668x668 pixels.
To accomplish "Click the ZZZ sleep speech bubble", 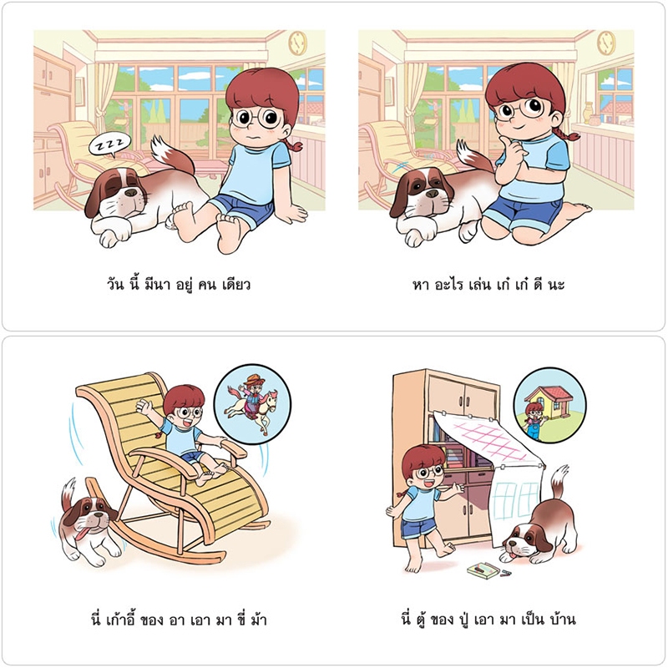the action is click(109, 145).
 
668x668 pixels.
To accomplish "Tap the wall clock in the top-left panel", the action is click(297, 43).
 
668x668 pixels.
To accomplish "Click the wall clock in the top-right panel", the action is click(605, 43).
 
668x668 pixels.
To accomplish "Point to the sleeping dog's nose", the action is click(131, 193).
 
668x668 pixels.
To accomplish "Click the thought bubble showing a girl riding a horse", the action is click(252, 404).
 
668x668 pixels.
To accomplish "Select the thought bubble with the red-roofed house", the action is click(549, 406).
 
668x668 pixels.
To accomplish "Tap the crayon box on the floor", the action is click(483, 570).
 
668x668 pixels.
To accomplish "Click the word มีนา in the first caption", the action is click(157, 284).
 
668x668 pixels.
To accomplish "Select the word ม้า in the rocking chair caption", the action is click(258, 619).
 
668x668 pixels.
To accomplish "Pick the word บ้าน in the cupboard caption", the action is click(562, 619).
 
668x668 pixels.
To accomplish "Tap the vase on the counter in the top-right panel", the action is click(588, 112).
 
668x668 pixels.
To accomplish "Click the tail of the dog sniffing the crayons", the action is click(559, 482).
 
